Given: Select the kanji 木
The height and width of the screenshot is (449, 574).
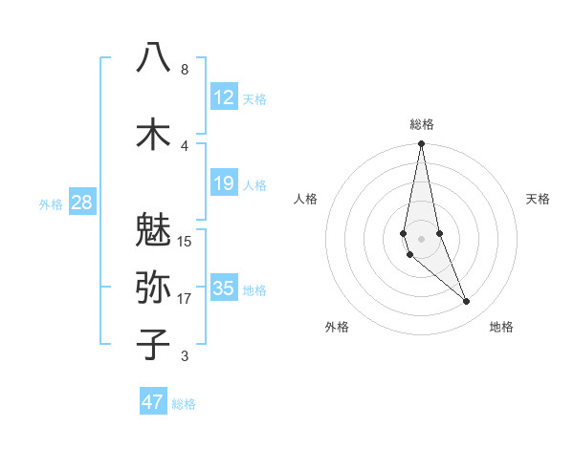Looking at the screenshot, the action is click(x=153, y=134).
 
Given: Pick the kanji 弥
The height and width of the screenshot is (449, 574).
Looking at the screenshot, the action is click(x=153, y=287).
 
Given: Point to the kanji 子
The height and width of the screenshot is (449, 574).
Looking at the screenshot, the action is click(x=153, y=344).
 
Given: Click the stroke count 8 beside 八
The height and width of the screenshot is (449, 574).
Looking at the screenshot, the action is click(x=185, y=70).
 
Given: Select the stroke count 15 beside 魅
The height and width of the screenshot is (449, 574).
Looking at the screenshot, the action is click(x=185, y=241).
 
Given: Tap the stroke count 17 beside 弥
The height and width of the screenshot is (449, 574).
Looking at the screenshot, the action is click(x=185, y=299).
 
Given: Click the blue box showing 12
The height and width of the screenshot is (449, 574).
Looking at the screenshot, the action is click(x=224, y=97).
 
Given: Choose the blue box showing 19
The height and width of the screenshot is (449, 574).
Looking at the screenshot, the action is click(x=224, y=183).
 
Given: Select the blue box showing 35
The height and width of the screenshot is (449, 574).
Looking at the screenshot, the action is click(x=224, y=289).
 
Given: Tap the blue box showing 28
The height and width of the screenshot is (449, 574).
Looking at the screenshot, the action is click(x=81, y=203).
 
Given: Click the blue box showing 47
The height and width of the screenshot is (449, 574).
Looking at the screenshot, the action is click(x=153, y=402).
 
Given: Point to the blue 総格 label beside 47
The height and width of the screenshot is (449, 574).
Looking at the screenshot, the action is click(x=184, y=404).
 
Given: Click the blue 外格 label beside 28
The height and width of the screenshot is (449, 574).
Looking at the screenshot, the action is click(x=51, y=204).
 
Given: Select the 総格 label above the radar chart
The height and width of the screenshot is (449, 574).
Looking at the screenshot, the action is click(x=422, y=124).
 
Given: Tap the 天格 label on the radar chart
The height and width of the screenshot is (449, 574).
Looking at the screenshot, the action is click(x=539, y=199).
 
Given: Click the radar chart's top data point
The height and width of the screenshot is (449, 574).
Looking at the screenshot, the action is click(x=421, y=144).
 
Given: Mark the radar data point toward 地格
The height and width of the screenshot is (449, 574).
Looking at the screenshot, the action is click(x=466, y=302).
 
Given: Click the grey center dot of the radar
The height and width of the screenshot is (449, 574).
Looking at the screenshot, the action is click(x=421, y=238).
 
